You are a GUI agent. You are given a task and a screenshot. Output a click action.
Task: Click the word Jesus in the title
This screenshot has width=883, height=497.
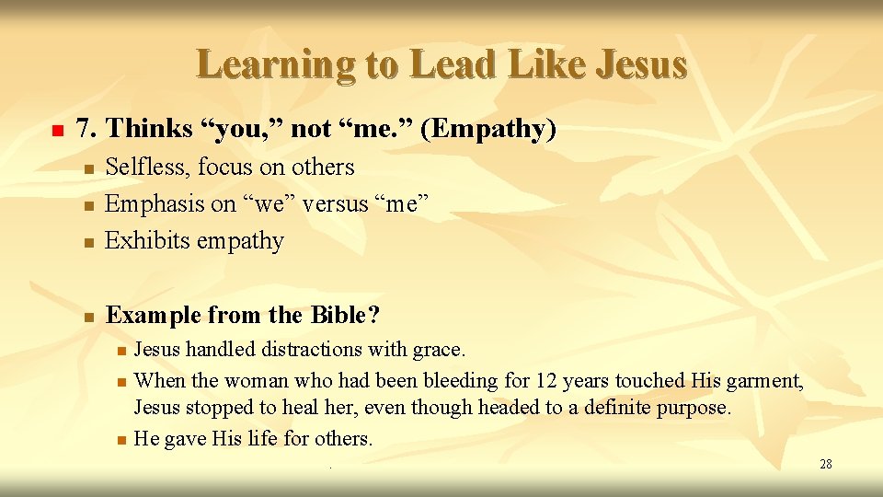[x=642, y=64]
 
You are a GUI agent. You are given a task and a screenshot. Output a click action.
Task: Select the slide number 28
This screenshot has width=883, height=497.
[x=825, y=464]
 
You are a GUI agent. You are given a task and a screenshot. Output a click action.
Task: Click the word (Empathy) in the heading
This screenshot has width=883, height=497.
[x=488, y=130]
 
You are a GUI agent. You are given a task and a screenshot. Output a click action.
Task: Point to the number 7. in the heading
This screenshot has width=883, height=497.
[x=87, y=130]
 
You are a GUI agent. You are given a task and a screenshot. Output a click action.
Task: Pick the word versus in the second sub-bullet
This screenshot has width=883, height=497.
[x=329, y=203]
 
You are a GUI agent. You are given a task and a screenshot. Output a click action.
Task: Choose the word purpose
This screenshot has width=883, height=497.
[x=693, y=408]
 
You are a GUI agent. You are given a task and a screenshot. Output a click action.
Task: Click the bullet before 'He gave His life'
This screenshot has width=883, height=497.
[x=121, y=440]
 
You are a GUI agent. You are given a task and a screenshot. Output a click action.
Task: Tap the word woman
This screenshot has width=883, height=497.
[x=252, y=380]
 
